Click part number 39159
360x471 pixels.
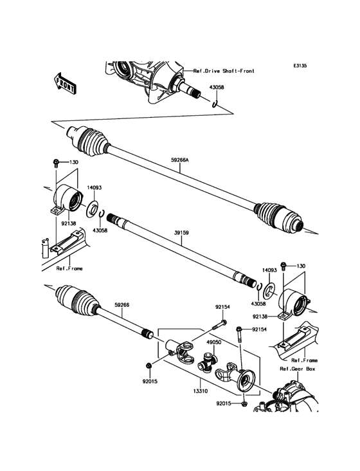tap(181, 236)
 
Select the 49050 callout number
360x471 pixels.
tap(214, 343)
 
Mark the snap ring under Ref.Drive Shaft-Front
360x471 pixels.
tap(216, 102)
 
